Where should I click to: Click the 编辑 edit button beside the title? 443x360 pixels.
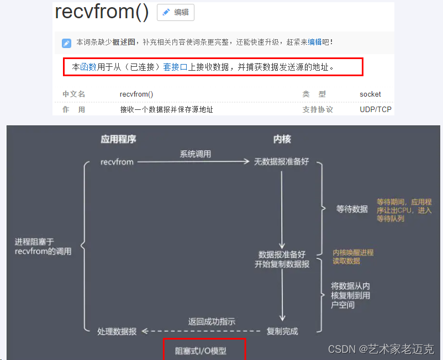click(x=176, y=12)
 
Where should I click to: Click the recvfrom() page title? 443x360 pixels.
click(x=102, y=12)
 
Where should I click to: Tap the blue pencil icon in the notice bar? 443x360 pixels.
click(x=66, y=43)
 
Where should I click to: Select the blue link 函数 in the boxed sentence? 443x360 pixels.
click(x=88, y=67)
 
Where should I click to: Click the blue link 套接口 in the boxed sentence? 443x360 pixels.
click(x=175, y=67)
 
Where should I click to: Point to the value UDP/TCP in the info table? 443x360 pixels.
click(x=375, y=109)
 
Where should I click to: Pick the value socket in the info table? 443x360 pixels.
click(x=370, y=94)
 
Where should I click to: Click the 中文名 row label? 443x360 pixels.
click(x=73, y=94)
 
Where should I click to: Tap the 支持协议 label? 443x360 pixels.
click(x=318, y=109)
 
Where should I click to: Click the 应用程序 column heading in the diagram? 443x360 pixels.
click(x=118, y=139)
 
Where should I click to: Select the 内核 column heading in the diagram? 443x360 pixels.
click(x=282, y=139)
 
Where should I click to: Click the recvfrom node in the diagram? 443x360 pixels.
click(x=117, y=162)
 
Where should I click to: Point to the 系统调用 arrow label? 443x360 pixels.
click(x=195, y=154)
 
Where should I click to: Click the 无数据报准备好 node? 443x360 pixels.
click(x=282, y=162)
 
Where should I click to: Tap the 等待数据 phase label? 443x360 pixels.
click(x=352, y=209)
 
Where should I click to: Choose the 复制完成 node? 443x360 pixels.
click(x=282, y=331)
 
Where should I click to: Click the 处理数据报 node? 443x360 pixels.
click(x=117, y=331)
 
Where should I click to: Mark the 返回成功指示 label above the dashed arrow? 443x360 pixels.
click(x=212, y=321)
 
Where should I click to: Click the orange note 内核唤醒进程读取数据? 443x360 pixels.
click(x=353, y=257)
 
